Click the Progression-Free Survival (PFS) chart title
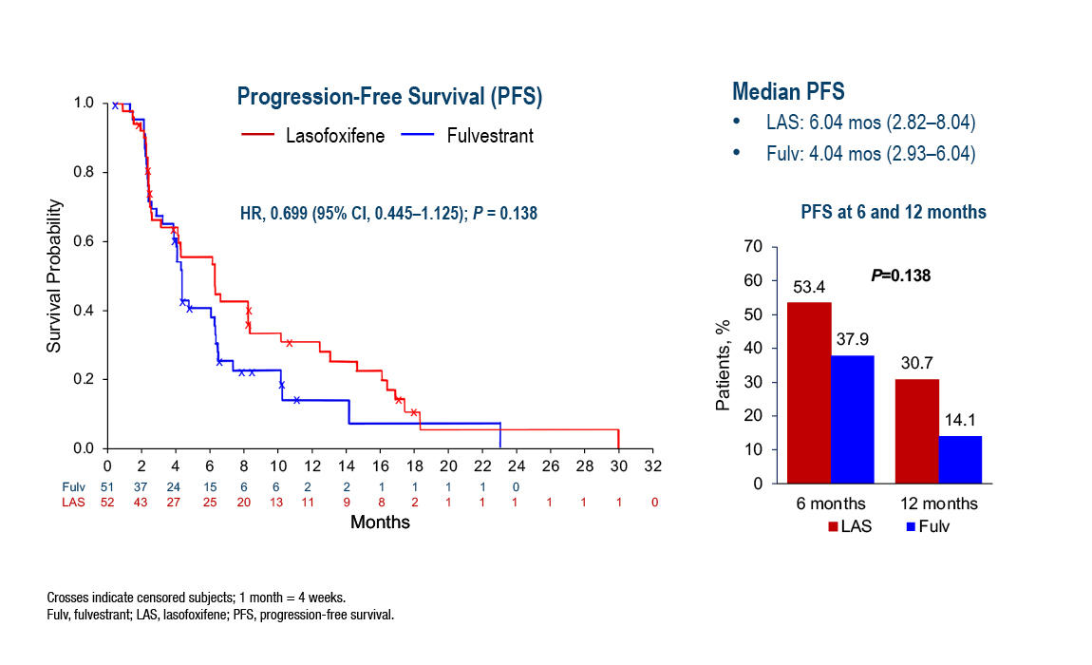pos(389,98)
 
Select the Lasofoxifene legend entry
pos(335,136)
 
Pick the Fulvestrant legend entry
pos(490,136)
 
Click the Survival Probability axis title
pos(55,276)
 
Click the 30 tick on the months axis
pos(619,466)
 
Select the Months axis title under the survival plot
pos(380,522)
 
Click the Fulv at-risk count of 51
pos(107,486)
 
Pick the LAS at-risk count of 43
pos(141,502)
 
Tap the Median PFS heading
pos(789,92)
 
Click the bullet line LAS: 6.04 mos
pos(871,123)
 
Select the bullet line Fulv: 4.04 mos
pos(871,154)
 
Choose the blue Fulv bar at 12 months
pos(960,459)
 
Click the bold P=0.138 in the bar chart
pos(900,275)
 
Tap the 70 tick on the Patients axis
pos(754,246)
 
